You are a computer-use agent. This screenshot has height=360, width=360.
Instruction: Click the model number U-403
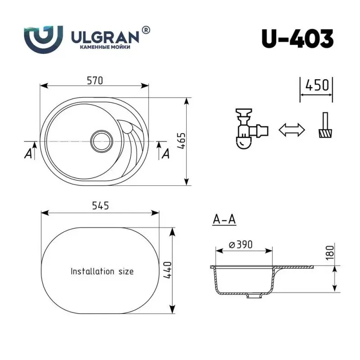coord(297,38)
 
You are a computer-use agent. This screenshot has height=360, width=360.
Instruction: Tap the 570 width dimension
coord(95,81)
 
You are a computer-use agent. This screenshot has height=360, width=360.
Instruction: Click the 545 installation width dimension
coord(100,206)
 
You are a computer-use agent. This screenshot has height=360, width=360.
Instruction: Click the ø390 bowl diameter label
coord(240,244)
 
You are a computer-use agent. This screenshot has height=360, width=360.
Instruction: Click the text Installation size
coord(102,271)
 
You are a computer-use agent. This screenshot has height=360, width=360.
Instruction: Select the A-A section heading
coord(224,219)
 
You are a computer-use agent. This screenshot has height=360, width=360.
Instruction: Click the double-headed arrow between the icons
coord(292,130)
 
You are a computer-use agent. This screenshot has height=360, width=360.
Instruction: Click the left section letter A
coord(28,153)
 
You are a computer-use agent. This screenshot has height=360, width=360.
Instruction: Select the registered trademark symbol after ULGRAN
coord(146,30)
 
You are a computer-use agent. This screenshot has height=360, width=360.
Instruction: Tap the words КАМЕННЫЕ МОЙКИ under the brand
coord(105,47)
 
